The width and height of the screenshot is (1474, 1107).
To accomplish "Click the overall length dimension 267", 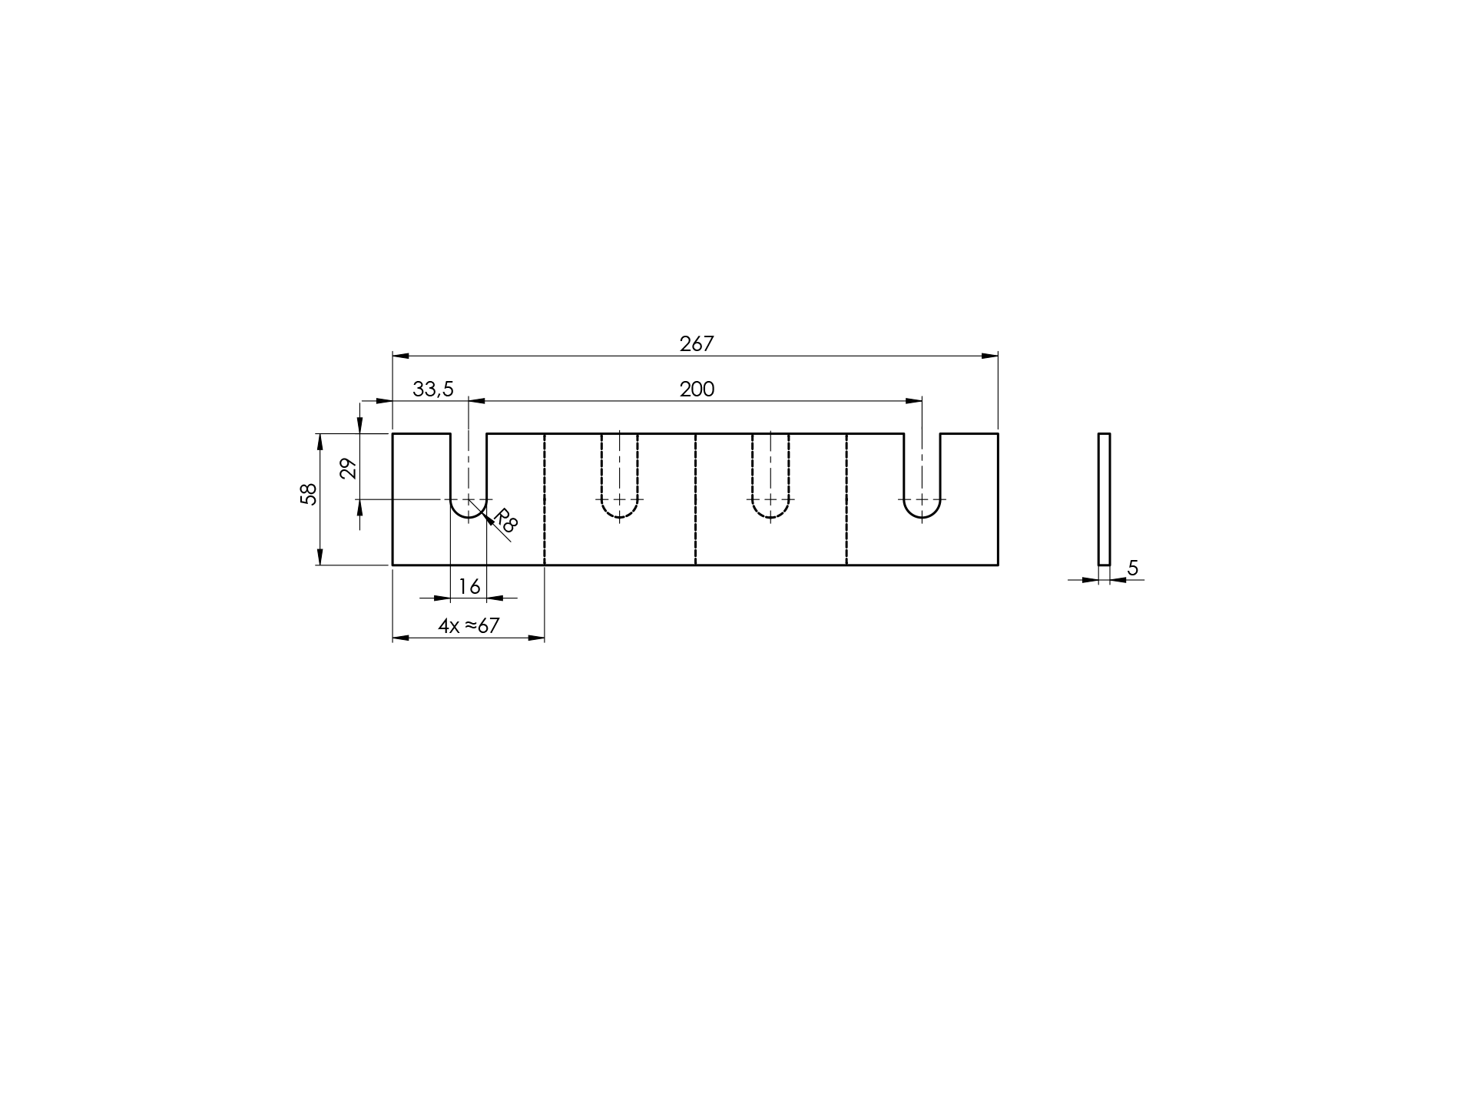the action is click(697, 343).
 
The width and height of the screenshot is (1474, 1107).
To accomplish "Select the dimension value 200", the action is click(697, 389).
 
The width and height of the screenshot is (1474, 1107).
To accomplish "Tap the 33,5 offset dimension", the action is click(433, 389).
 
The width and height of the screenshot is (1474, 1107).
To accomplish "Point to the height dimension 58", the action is click(308, 493).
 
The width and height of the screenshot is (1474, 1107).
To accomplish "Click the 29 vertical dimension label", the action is click(349, 468).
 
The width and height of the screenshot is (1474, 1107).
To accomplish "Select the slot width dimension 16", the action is click(469, 587).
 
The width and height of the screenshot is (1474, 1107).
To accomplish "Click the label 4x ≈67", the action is click(469, 626).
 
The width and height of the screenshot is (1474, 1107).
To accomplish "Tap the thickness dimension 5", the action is click(1133, 568).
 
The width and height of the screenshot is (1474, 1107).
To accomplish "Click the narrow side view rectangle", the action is click(1104, 499).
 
